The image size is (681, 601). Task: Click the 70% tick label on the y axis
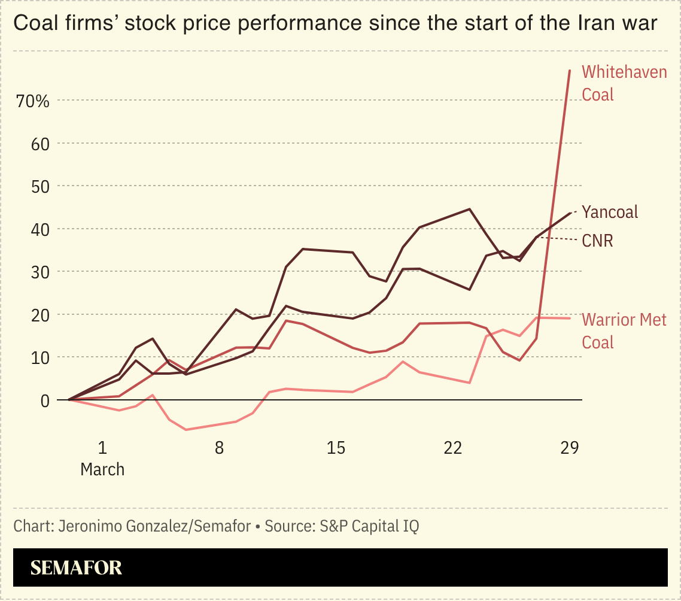coord(33,101)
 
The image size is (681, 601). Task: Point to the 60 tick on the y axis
coord(40,144)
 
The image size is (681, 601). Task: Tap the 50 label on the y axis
coord(40,187)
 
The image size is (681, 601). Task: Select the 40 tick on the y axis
coord(40,229)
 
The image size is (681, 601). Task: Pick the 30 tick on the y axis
coord(40,272)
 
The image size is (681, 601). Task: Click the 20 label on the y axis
coord(40,315)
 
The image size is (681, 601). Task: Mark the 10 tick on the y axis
coord(40,357)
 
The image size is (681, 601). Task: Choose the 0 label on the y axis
coord(45,400)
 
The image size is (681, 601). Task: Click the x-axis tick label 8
coord(219,448)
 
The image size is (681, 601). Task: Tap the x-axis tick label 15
coord(336,448)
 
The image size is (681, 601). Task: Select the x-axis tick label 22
coord(453,448)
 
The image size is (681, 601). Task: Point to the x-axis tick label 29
coord(570,448)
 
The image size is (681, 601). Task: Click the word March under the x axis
coord(102,469)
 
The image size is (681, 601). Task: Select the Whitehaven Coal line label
coord(624,83)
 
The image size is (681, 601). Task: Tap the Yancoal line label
coord(610,212)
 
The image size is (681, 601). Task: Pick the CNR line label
coord(597,241)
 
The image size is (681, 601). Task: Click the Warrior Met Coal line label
coord(624,330)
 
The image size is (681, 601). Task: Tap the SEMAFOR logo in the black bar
coord(76,567)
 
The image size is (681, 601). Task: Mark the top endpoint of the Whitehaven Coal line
coord(570,70)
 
